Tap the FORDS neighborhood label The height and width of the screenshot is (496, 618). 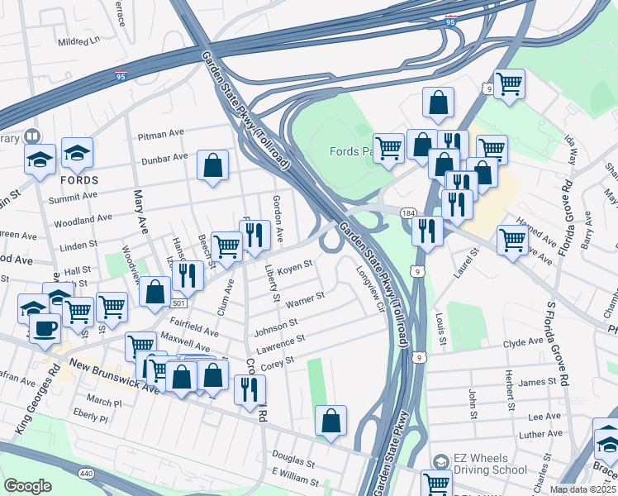tap(78, 180)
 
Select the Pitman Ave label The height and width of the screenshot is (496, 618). tap(161, 133)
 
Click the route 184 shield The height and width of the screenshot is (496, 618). tap(408, 212)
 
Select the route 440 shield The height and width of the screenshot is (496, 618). tap(85, 474)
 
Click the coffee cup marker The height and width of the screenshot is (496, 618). tap(45, 327)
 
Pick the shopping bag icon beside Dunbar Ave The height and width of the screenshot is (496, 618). tap(213, 165)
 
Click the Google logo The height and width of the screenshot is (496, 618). tap(27, 486)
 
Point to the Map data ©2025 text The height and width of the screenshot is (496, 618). tap(583, 489)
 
